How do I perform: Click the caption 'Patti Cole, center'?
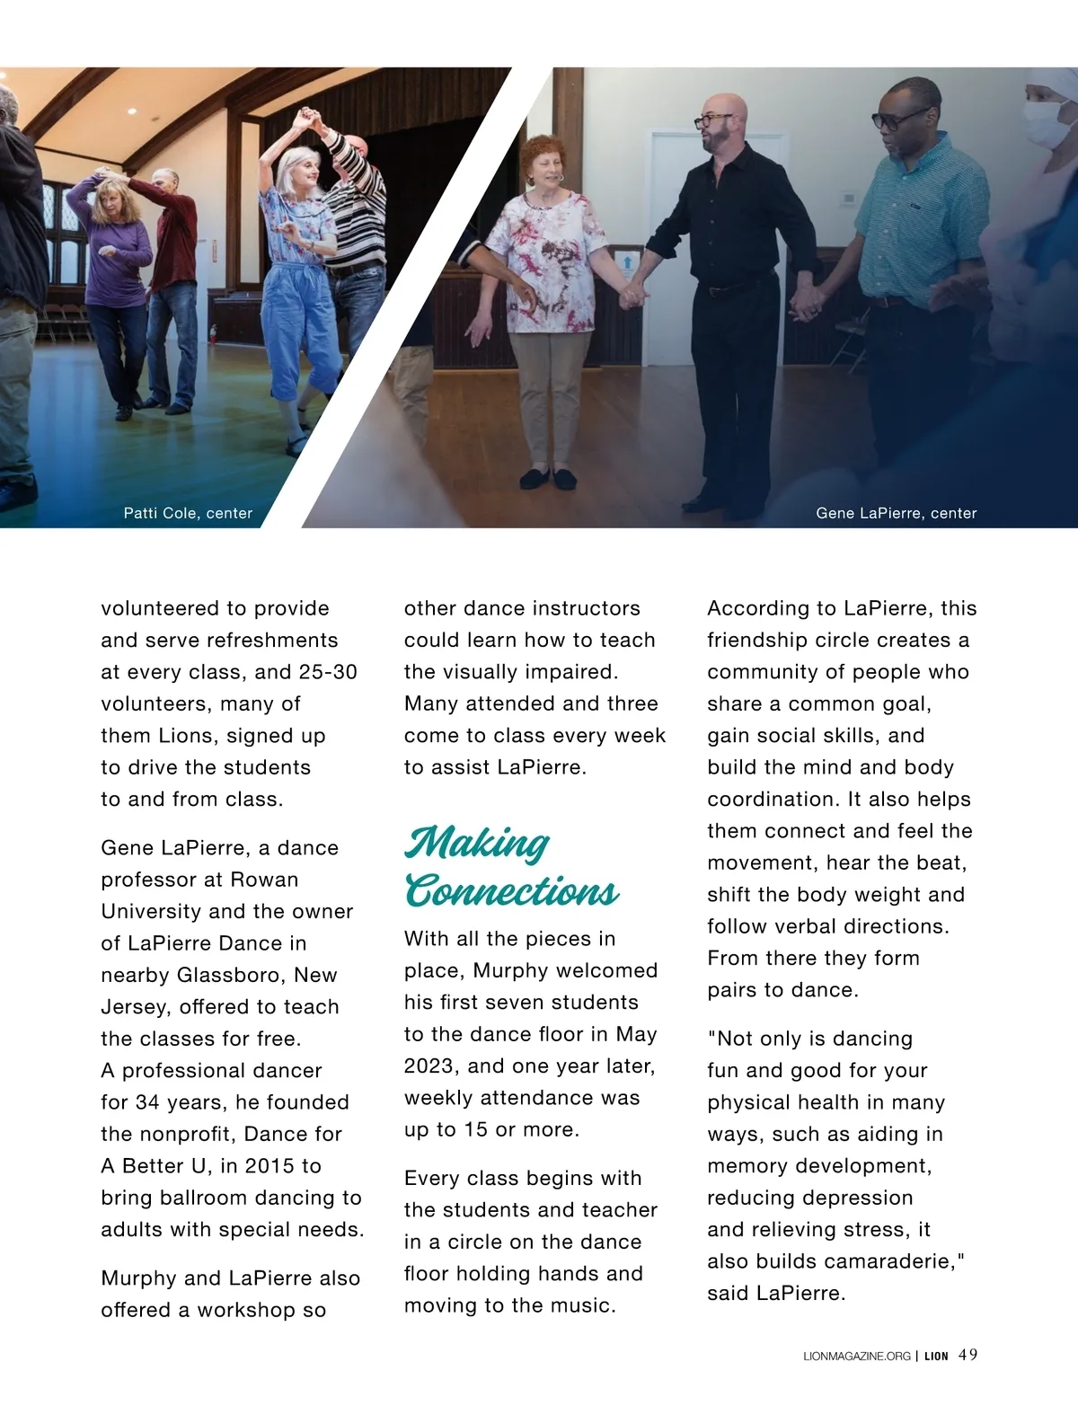[188, 513]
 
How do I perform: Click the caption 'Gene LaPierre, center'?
[896, 513]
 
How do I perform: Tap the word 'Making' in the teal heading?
[476, 843]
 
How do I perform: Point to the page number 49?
[968, 1355]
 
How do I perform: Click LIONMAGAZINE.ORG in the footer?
[856, 1356]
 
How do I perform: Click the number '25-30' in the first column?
[329, 672]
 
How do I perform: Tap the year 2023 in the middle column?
[429, 1066]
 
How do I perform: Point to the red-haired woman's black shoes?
[549, 478]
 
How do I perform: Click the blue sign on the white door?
[626, 261]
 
